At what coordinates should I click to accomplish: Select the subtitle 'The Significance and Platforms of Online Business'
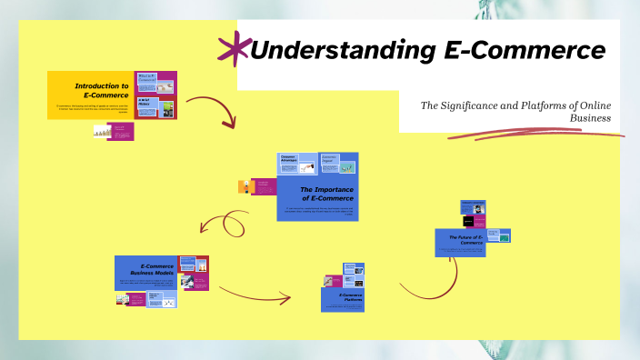point(515,111)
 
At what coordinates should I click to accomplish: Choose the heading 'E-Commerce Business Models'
point(147,269)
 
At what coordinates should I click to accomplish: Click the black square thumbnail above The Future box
point(469,221)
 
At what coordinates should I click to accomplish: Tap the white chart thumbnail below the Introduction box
point(103,132)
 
